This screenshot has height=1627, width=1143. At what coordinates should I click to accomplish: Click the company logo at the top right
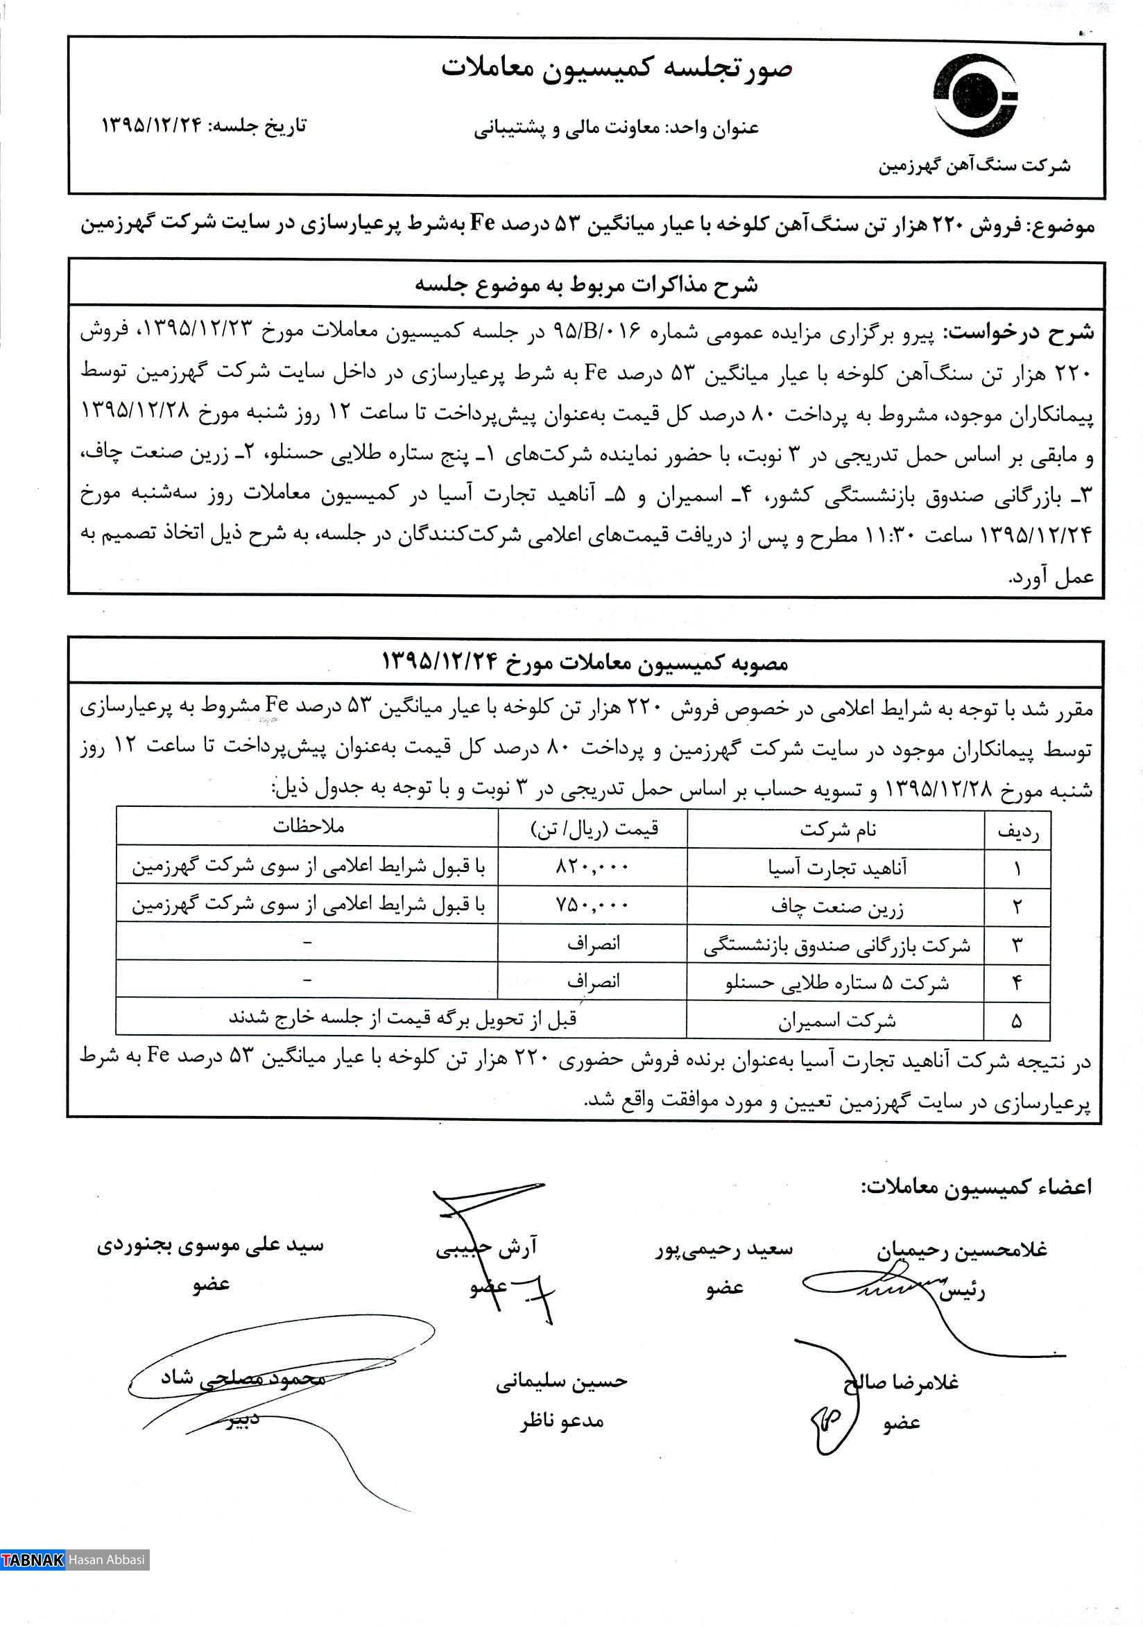976,96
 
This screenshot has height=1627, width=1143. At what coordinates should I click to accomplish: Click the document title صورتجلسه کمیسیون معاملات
616,69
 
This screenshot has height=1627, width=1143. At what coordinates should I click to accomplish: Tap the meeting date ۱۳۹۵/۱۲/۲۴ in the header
152,125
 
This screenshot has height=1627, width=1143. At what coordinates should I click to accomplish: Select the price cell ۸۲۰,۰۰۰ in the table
592,867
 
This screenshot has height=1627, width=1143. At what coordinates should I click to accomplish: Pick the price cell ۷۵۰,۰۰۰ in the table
592,905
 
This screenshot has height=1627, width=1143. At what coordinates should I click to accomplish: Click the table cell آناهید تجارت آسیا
837,867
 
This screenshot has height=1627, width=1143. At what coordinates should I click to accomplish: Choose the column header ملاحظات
308,826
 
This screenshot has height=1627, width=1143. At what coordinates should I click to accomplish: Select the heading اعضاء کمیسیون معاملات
976,1187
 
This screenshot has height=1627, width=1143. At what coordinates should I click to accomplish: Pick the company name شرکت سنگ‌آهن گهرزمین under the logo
974,166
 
